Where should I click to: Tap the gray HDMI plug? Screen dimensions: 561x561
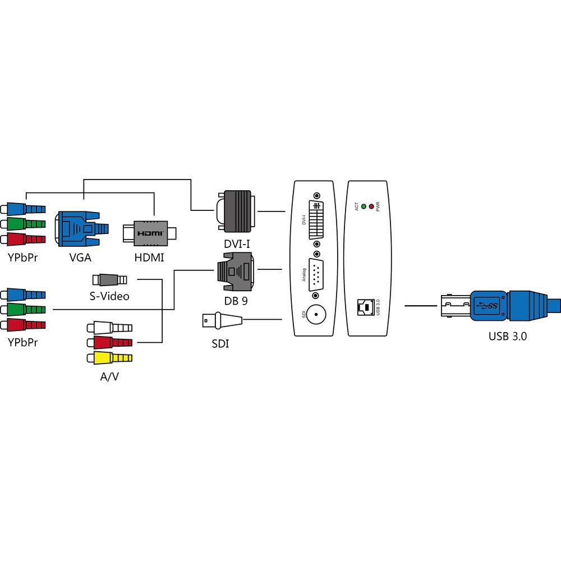pos(150,232)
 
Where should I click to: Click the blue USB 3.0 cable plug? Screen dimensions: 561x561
pos(494,306)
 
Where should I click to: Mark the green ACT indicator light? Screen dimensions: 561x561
pos(364,206)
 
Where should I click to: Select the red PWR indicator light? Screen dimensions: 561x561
pos(371,206)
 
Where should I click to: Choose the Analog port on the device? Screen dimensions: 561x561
pos(315,274)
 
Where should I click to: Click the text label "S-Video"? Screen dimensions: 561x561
pos(110,295)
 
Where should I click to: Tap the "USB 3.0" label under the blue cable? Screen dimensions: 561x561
pos(507,337)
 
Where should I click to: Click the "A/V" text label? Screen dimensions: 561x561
pos(109,376)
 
